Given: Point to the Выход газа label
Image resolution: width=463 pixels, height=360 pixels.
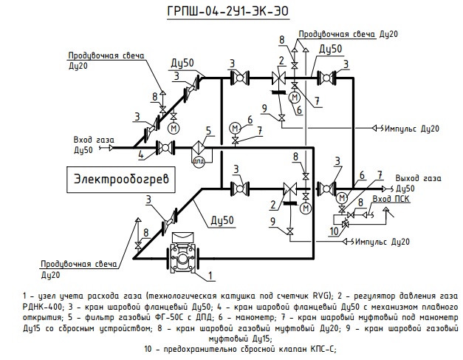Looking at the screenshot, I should pyautogui.click(x=419, y=178).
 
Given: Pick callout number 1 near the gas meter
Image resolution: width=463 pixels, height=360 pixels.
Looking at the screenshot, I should pyautogui.click(x=210, y=276).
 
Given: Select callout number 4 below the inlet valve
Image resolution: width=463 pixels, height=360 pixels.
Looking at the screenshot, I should pyautogui.click(x=140, y=154).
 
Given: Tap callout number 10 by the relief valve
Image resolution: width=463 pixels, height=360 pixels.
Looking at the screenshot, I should pyautogui.click(x=333, y=231).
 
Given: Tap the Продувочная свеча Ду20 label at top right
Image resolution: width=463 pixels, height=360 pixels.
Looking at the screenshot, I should pyautogui.click(x=349, y=35).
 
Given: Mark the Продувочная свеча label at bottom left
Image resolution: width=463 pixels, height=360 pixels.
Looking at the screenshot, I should pyautogui.click(x=80, y=264).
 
